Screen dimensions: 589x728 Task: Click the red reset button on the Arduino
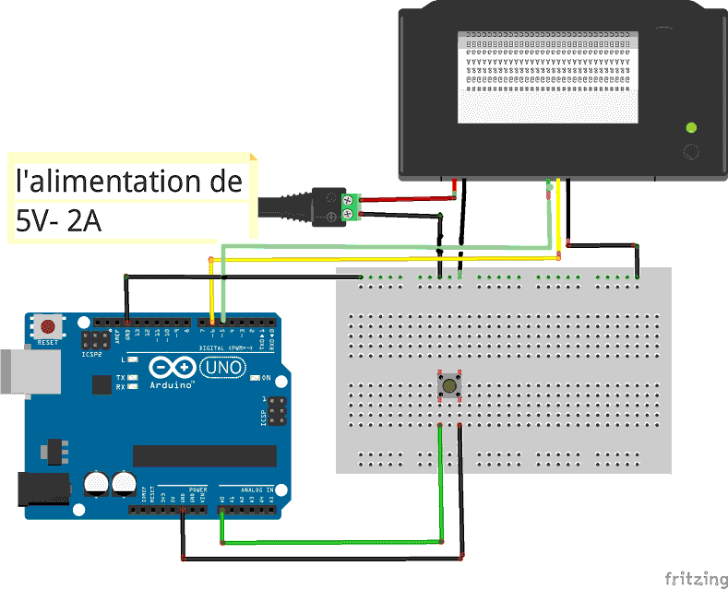point(47,325)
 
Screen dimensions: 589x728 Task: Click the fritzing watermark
point(696,578)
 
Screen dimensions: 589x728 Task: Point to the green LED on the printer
point(689,127)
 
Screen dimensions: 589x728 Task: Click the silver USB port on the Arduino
point(18,372)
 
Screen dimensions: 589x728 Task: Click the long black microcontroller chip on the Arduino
point(204,455)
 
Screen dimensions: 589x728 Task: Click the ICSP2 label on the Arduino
point(92,353)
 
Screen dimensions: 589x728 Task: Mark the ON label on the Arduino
point(266,378)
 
